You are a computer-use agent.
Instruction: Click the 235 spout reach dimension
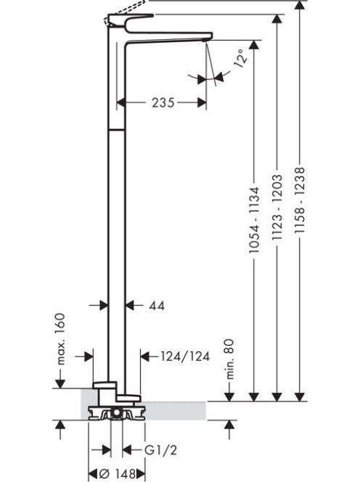point(163,102)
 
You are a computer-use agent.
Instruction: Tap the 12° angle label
point(240,57)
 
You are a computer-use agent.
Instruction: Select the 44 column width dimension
point(157,306)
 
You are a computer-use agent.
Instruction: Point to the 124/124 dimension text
point(185,356)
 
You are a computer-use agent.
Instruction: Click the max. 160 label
point(61,339)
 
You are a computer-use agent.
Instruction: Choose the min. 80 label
point(230,359)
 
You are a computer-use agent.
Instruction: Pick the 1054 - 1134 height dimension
point(254,220)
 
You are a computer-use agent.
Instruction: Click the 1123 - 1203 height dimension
point(277,207)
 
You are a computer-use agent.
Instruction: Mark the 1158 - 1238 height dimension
point(300,200)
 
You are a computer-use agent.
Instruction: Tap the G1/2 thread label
point(161,451)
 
